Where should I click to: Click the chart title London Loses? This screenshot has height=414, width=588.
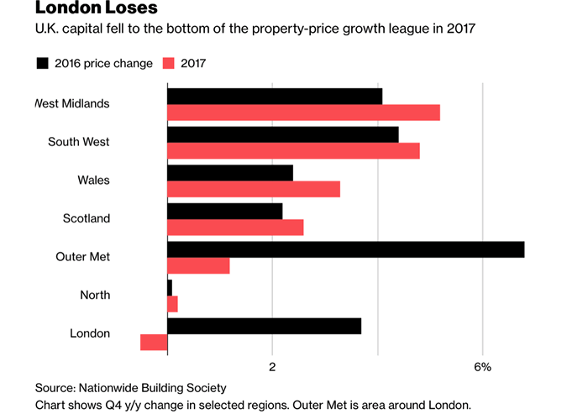click(x=84, y=10)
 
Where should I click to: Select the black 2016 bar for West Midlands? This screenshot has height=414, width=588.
click(x=275, y=97)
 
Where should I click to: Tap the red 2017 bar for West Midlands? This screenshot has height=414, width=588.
click(x=303, y=113)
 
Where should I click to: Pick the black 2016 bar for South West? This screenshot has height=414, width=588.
click(x=282, y=134)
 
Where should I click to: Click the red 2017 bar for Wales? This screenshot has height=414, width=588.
click(x=254, y=189)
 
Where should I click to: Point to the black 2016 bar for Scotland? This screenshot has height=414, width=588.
click(x=225, y=211)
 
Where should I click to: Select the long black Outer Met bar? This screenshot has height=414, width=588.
click(x=345, y=249)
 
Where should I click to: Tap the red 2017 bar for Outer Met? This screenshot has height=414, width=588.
click(x=198, y=265)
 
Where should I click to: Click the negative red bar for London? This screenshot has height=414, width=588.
click(x=154, y=342)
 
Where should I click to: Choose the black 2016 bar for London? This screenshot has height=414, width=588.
click(x=264, y=326)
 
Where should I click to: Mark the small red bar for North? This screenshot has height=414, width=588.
click(x=172, y=303)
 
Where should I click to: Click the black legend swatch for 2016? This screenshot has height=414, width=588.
click(x=42, y=63)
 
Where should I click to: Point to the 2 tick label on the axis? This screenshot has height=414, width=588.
click(x=272, y=367)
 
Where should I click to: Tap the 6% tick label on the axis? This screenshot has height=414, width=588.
click(x=482, y=367)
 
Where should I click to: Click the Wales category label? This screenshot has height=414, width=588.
click(x=93, y=181)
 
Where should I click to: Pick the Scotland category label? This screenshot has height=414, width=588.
click(x=87, y=218)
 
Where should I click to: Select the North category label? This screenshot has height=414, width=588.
click(x=95, y=295)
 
